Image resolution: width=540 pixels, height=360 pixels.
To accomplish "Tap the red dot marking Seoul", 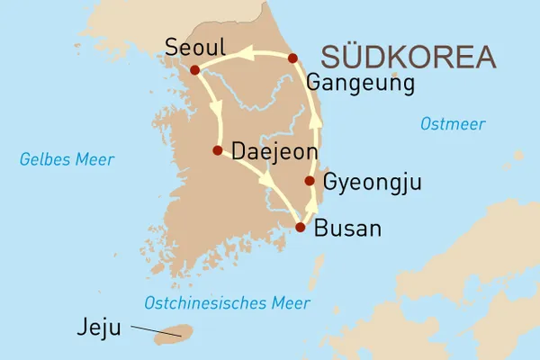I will pyautogui.click(x=194, y=69).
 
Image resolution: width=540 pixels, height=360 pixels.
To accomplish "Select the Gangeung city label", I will pyautogui.click(x=359, y=84).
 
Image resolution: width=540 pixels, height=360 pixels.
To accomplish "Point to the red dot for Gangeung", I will pyautogui.click(x=292, y=58).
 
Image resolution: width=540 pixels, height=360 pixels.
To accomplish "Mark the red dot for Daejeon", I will pyautogui.click(x=217, y=150).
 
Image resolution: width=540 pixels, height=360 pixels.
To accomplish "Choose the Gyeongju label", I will pyautogui.click(x=372, y=184).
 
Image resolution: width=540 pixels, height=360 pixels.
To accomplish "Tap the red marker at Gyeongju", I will pyautogui.click(x=310, y=181).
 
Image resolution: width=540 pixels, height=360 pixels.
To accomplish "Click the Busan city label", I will pyautogui.click(x=348, y=229).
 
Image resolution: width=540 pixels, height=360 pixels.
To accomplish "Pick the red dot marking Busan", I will pyautogui.click(x=300, y=228).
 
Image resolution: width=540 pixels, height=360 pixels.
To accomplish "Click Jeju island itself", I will pyautogui.click(x=169, y=337).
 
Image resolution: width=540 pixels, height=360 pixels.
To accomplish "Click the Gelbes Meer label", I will pyautogui.click(x=67, y=160).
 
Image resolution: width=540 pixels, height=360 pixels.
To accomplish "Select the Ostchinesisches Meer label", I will pyautogui.click(x=227, y=302).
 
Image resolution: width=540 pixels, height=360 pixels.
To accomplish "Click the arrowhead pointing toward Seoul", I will pyautogui.click(x=243, y=56).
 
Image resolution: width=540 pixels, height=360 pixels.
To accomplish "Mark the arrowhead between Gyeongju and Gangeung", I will pyautogui.click(x=315, y=119).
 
